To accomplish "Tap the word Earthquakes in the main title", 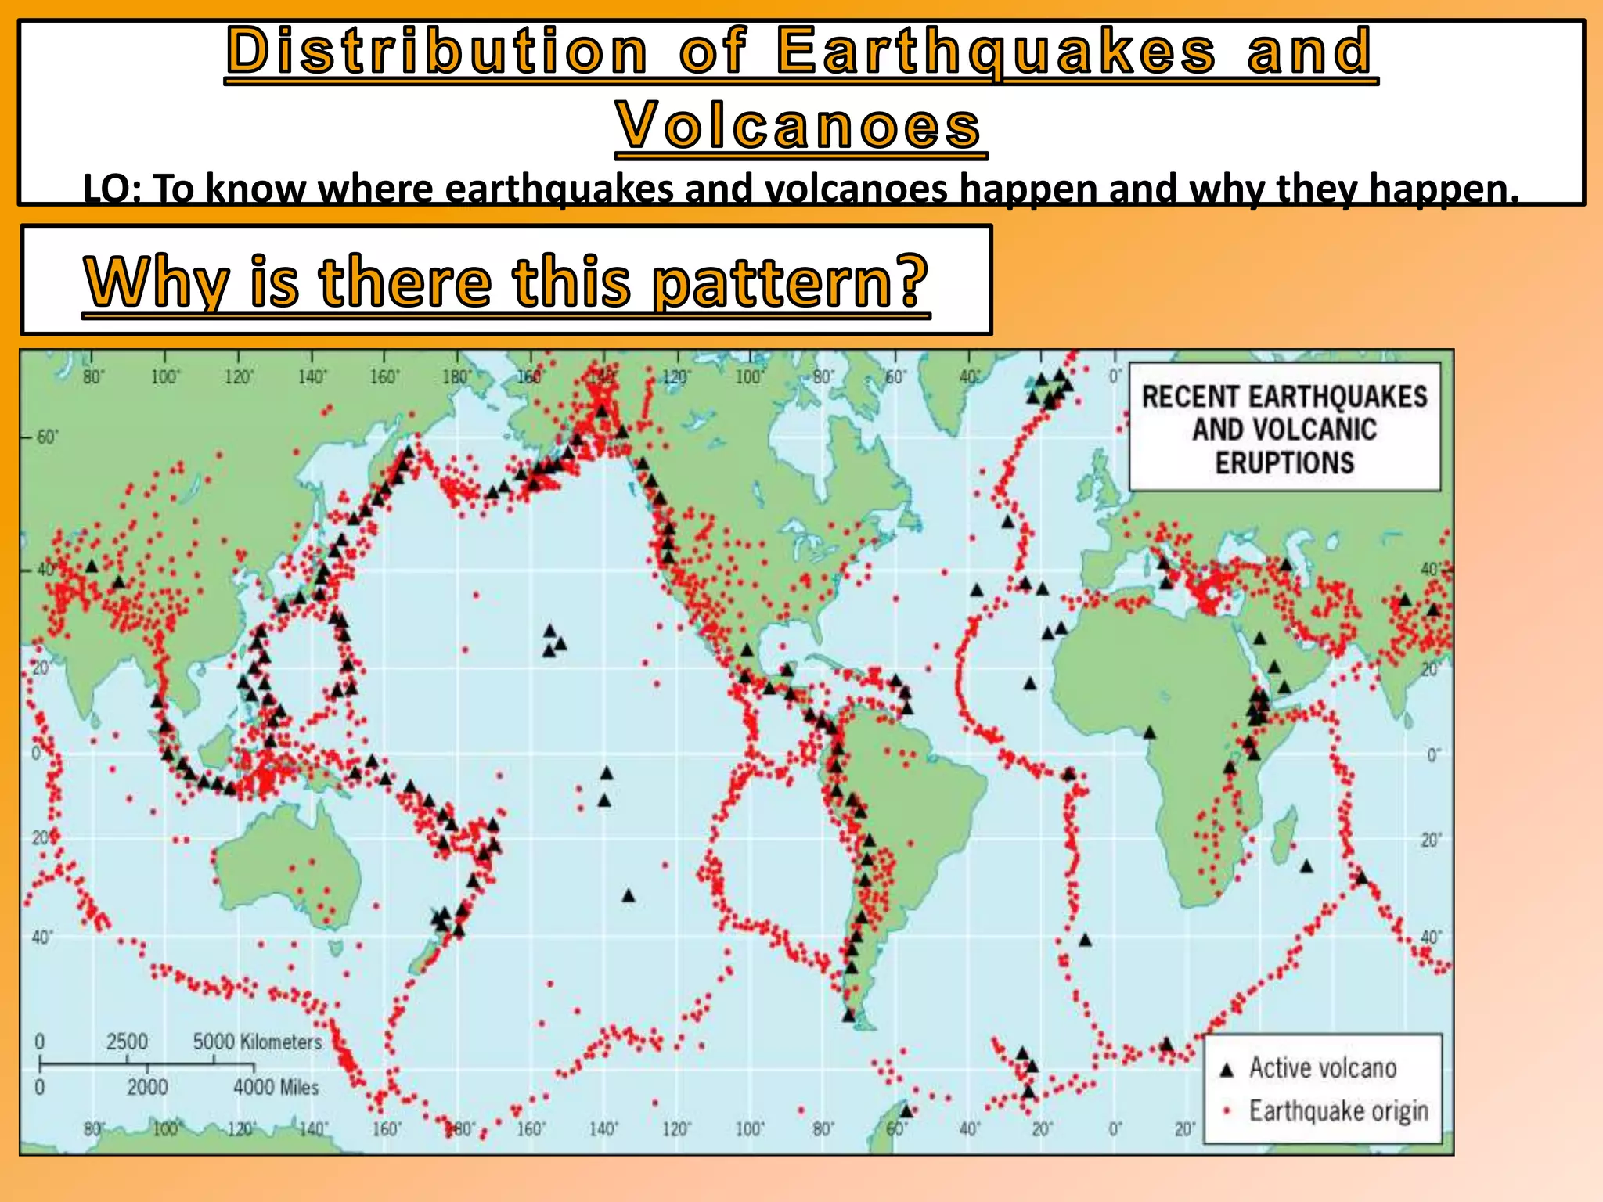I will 996,52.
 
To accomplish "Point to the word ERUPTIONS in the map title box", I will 1284,462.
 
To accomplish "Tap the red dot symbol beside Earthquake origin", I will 1227,1110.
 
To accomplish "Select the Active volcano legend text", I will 1322,1068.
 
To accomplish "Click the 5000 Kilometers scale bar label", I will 257,1042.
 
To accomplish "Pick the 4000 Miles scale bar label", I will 276,1087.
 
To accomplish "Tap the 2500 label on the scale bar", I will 127,1042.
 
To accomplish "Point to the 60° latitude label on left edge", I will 47,437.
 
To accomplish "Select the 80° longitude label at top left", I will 92,377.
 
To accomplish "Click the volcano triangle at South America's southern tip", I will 849,1016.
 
